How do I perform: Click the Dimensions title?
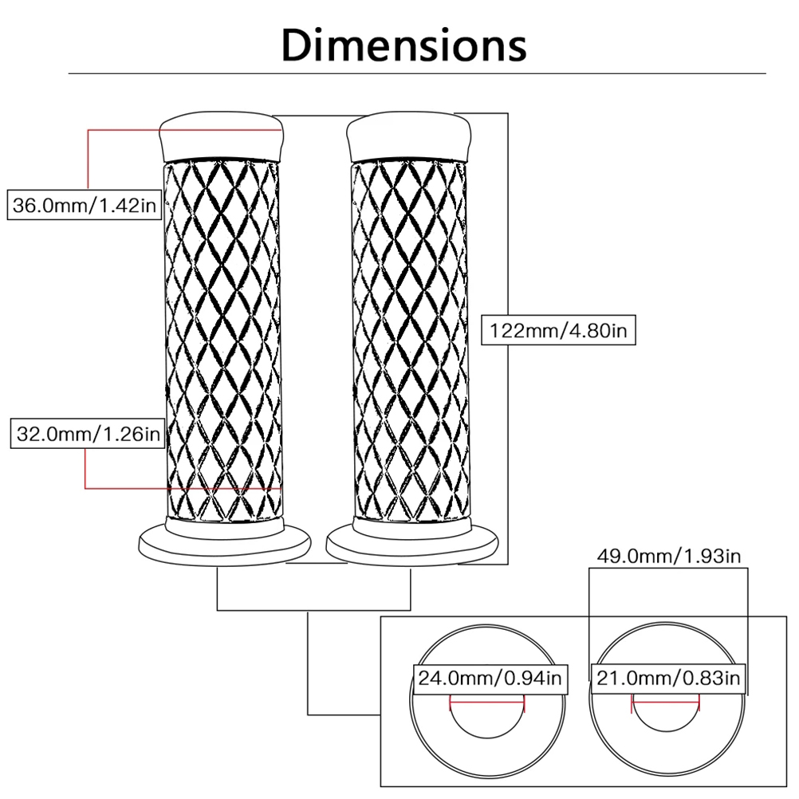point(403,45)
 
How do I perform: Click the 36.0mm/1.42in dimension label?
point(84,206)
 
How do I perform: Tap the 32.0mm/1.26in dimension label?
point(88,434)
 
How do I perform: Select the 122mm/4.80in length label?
point(558,330)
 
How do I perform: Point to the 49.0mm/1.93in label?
point(668,556)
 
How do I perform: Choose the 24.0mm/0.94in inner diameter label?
point(490,679)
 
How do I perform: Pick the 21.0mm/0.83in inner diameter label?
point(668,679)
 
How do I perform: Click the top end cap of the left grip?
point(222,136)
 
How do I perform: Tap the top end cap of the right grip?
point(409,136)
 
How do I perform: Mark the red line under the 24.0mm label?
point(487,702)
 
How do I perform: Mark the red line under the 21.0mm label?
point(666,702)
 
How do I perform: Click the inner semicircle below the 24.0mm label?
point(488,738)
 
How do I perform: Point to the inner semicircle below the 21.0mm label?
point(666,732)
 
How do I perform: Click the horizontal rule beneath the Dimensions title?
point(417,73)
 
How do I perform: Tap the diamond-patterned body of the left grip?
point(222,340)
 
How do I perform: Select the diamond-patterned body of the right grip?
point(410,340)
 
